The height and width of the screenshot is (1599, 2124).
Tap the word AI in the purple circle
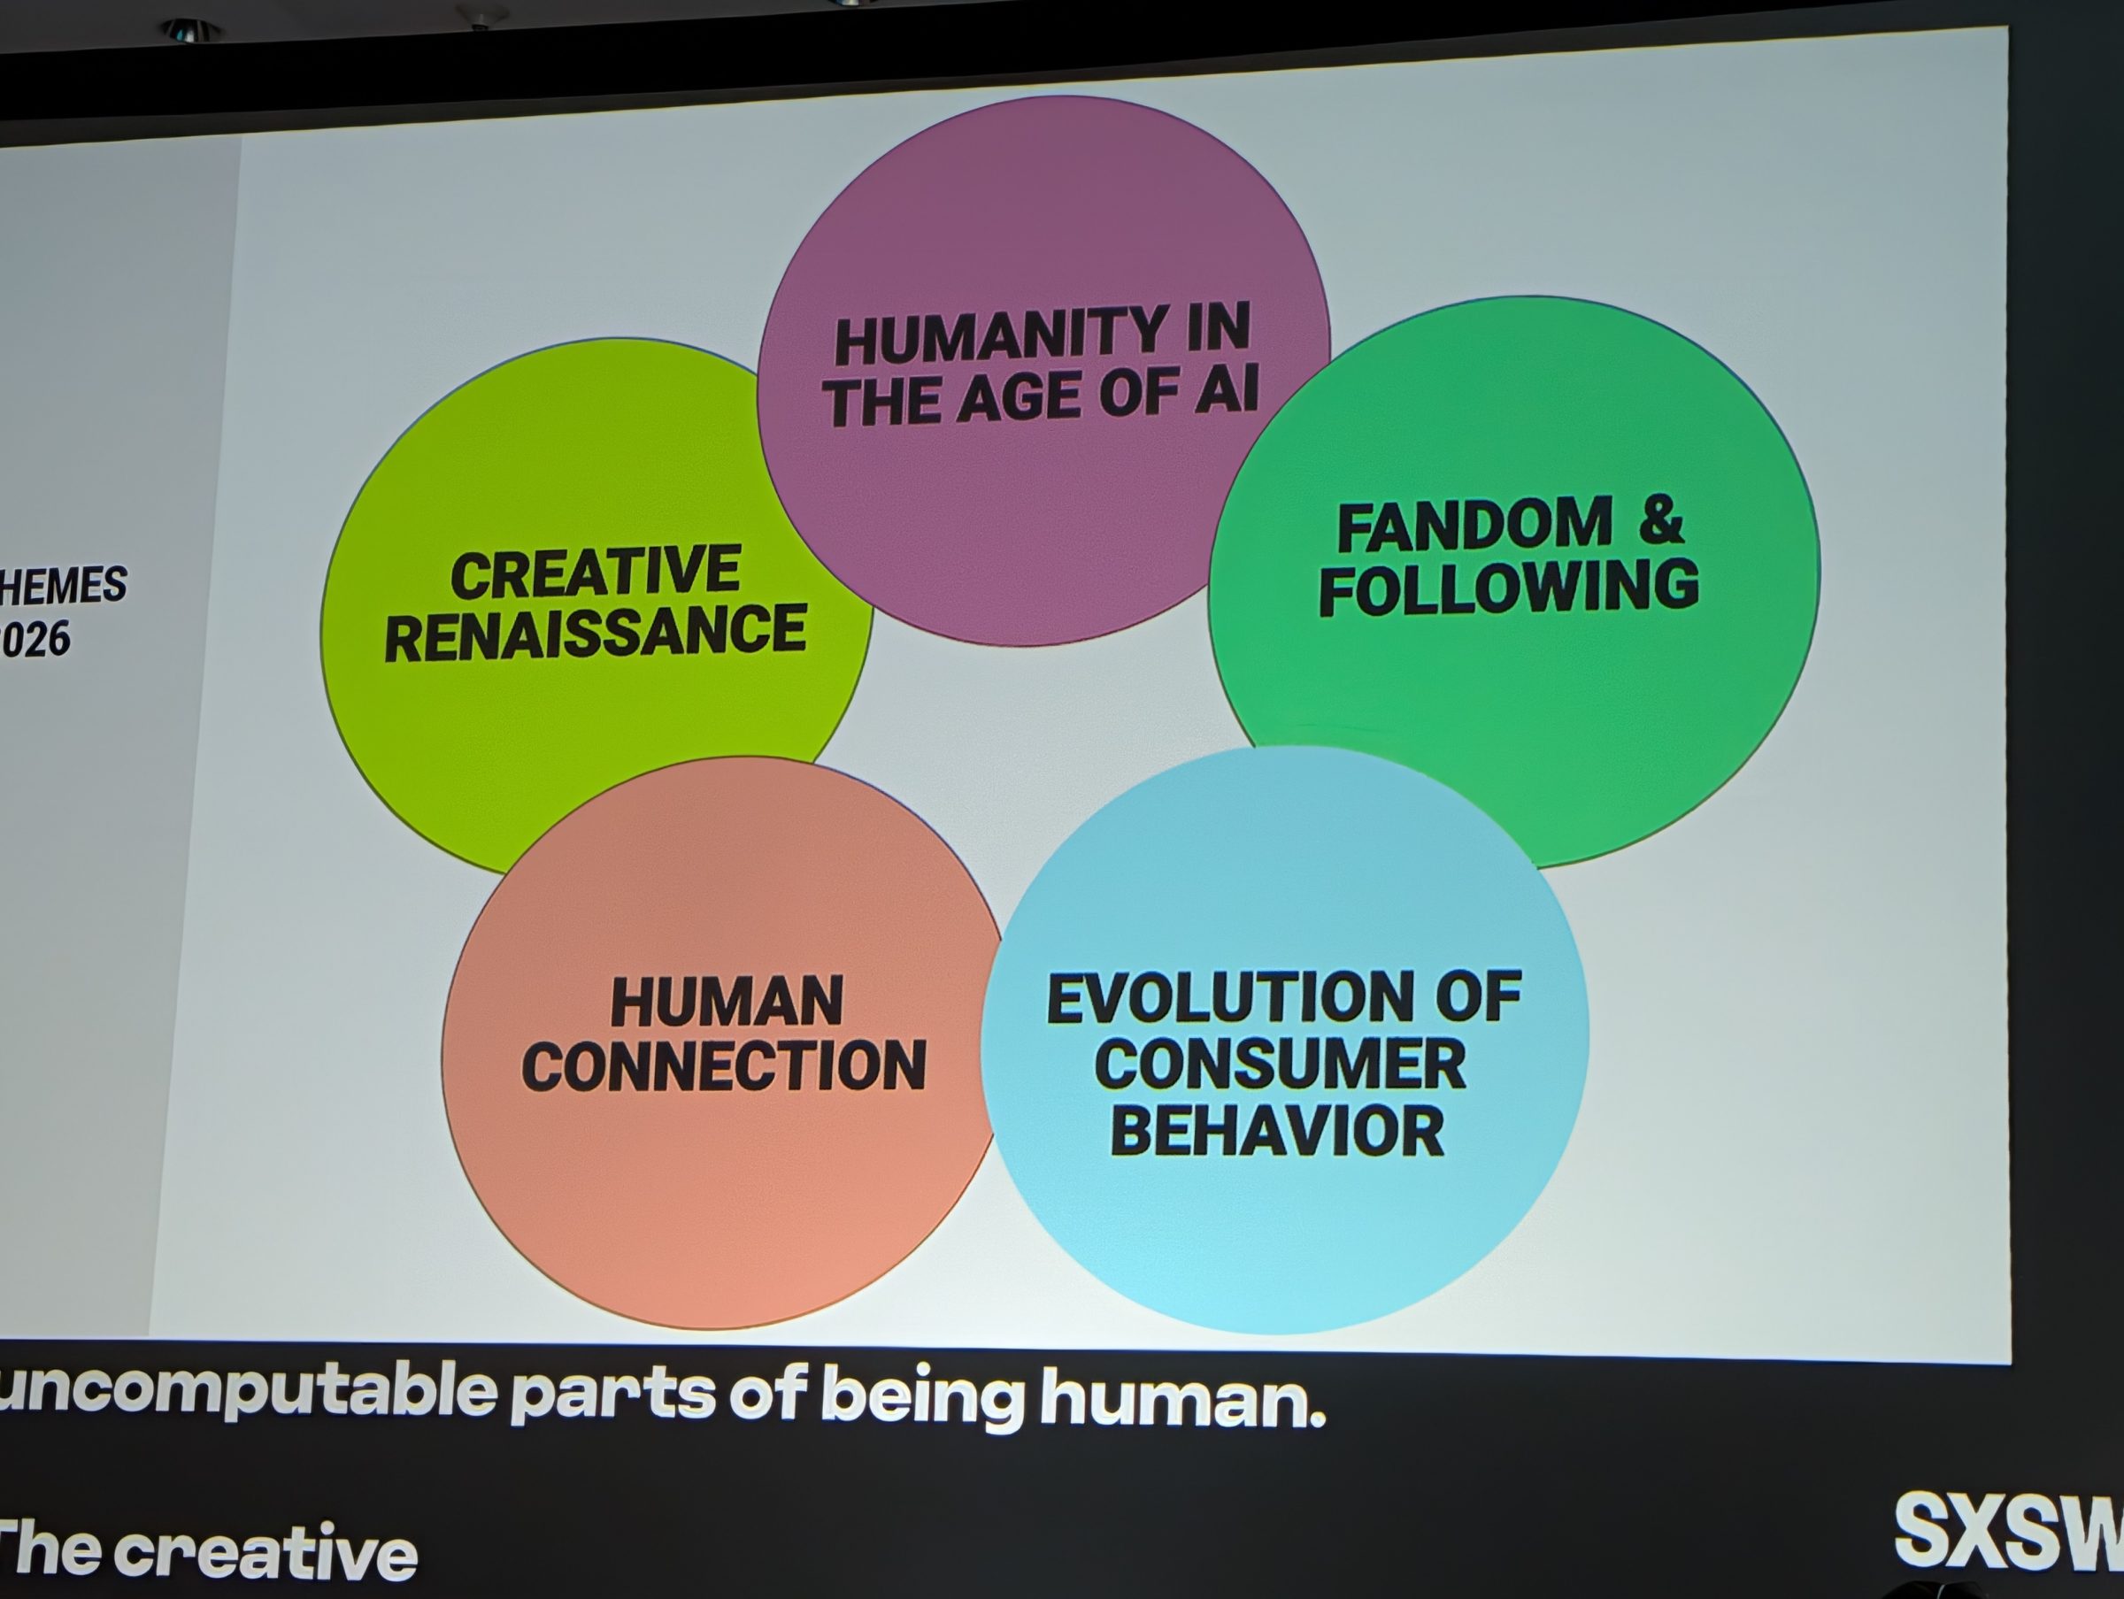click(x=1225, y=389)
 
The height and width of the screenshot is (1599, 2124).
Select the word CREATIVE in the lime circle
click(x=596, y=573)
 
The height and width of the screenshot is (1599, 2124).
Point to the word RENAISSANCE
click(x=596, y=633)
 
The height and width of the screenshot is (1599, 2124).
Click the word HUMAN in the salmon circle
click(x=727, y=1002)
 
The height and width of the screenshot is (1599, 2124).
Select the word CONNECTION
click(x=724, y=1066)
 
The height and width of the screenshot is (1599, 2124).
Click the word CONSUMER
click(x=1280, y=1064)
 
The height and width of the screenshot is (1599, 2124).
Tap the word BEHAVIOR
click(x=1277, y=1131)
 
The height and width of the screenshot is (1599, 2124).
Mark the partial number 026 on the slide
click(x=36, y=640)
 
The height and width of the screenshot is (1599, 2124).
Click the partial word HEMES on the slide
click(x=64, y=585)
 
